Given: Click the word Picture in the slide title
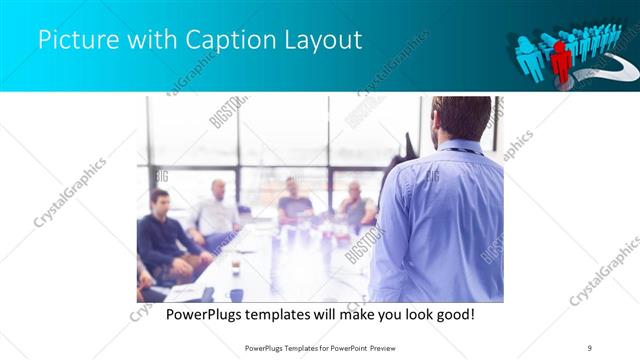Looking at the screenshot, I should click(x=72, y=41).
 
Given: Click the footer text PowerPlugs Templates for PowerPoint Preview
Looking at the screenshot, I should click(x=319, y=347).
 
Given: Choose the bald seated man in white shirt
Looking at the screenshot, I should click(x=216, y=210).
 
